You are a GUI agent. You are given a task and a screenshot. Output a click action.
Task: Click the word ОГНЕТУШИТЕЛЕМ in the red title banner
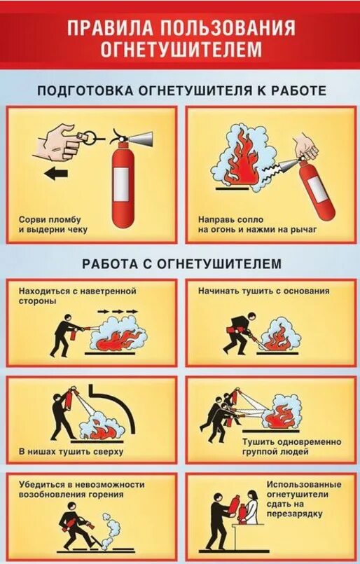pos(181,50)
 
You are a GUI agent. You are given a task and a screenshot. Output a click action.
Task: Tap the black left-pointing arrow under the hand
pos(57,172)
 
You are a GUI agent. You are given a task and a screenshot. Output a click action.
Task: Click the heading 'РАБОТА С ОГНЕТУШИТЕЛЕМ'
pos(181,264)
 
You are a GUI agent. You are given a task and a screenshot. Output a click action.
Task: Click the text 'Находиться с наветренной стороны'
pos(77,295)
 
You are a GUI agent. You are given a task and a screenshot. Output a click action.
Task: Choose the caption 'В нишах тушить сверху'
pos(71,451)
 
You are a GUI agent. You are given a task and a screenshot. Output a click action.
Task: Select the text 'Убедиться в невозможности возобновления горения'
pos(81,489)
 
